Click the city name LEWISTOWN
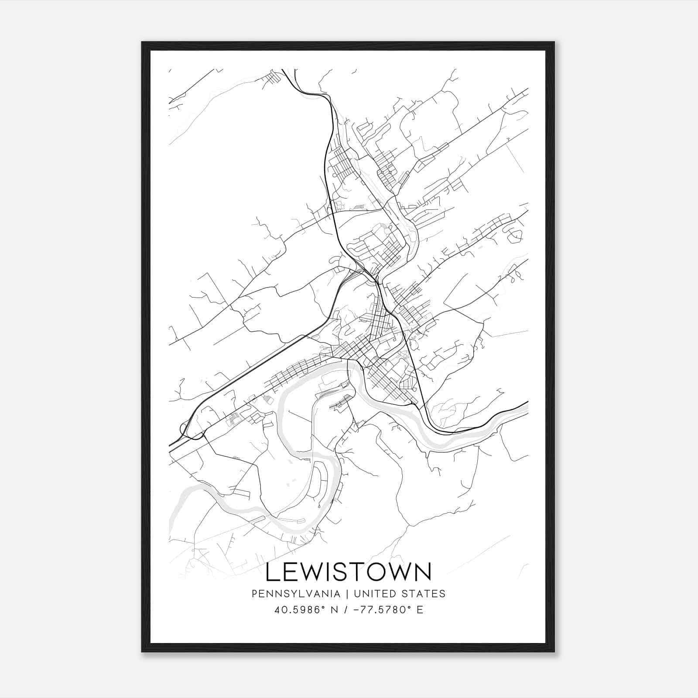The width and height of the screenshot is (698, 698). pyautogui.click(x=348, y=572)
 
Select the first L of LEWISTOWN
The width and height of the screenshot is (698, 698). pyautogui.click(x=272, y=572)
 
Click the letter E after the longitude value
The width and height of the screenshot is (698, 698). pyautogui.click(x=420, y=610)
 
